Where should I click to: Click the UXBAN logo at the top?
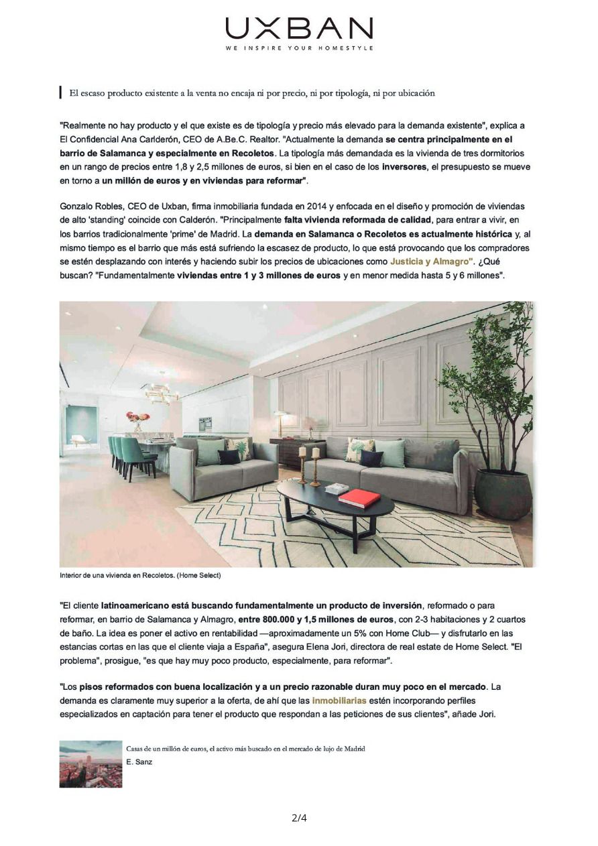[299, 29]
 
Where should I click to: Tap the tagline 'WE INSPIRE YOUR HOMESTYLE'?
[299, 48]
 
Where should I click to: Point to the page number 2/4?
[299, 817]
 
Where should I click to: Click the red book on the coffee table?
[359, 497]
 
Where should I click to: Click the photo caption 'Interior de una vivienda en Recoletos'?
[139, 575]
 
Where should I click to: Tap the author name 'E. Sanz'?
[139, 762]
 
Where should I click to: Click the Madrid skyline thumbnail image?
[91, 764]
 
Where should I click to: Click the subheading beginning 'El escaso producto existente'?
[252, 93]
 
